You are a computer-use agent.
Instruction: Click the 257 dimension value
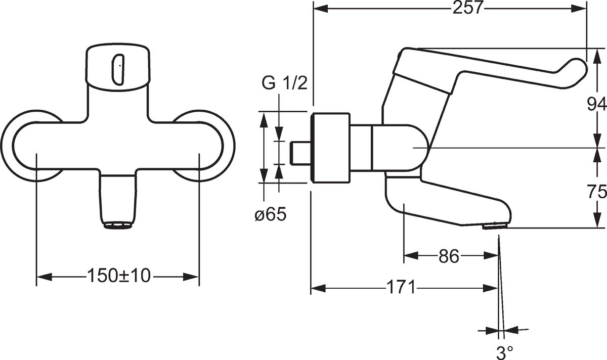(468, 8)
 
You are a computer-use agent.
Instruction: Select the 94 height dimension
(597, 105)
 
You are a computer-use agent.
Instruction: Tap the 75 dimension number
(597, 192)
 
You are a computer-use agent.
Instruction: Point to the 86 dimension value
(449, 256)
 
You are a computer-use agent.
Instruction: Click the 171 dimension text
(401, 287)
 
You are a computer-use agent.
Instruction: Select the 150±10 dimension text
(119, 276)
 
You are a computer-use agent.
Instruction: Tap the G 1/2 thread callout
(284, 83)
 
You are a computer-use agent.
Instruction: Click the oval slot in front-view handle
(118, 69)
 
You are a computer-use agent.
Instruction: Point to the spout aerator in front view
(118, 226)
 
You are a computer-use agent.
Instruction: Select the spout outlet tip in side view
(495, 226)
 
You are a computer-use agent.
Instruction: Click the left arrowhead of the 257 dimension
(321, 9)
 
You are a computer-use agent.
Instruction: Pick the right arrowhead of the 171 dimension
(490, 288)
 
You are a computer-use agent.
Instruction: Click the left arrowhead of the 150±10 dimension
(44, 277)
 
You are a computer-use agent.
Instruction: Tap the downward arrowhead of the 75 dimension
(597, 220)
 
